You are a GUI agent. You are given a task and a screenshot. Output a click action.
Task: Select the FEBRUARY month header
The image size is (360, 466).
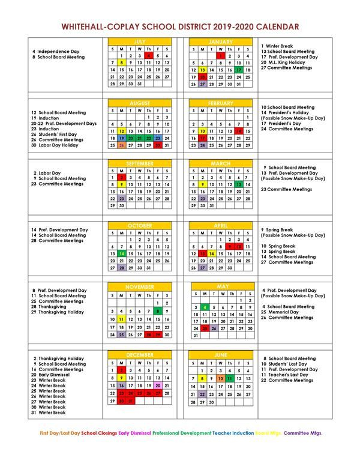point(221,103)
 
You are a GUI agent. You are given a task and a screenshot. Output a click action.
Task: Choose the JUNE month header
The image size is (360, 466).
point(221,355)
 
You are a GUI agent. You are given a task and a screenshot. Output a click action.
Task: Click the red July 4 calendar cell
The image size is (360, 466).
point(149,55)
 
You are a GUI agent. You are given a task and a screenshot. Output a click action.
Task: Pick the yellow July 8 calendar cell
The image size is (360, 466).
point(122,62)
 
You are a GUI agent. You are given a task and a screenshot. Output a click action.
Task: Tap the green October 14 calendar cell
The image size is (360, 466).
point(122,254)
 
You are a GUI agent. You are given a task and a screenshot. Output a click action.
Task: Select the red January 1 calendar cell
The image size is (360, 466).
point(221,55)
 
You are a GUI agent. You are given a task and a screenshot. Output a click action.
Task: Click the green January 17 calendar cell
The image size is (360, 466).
point(239,70)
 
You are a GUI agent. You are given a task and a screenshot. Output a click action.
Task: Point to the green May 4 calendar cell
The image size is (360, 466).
point(205,307)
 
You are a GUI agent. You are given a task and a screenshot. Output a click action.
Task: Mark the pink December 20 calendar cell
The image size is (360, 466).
point(158,386)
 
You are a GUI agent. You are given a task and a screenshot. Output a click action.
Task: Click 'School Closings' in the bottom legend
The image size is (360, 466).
point(99,449)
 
